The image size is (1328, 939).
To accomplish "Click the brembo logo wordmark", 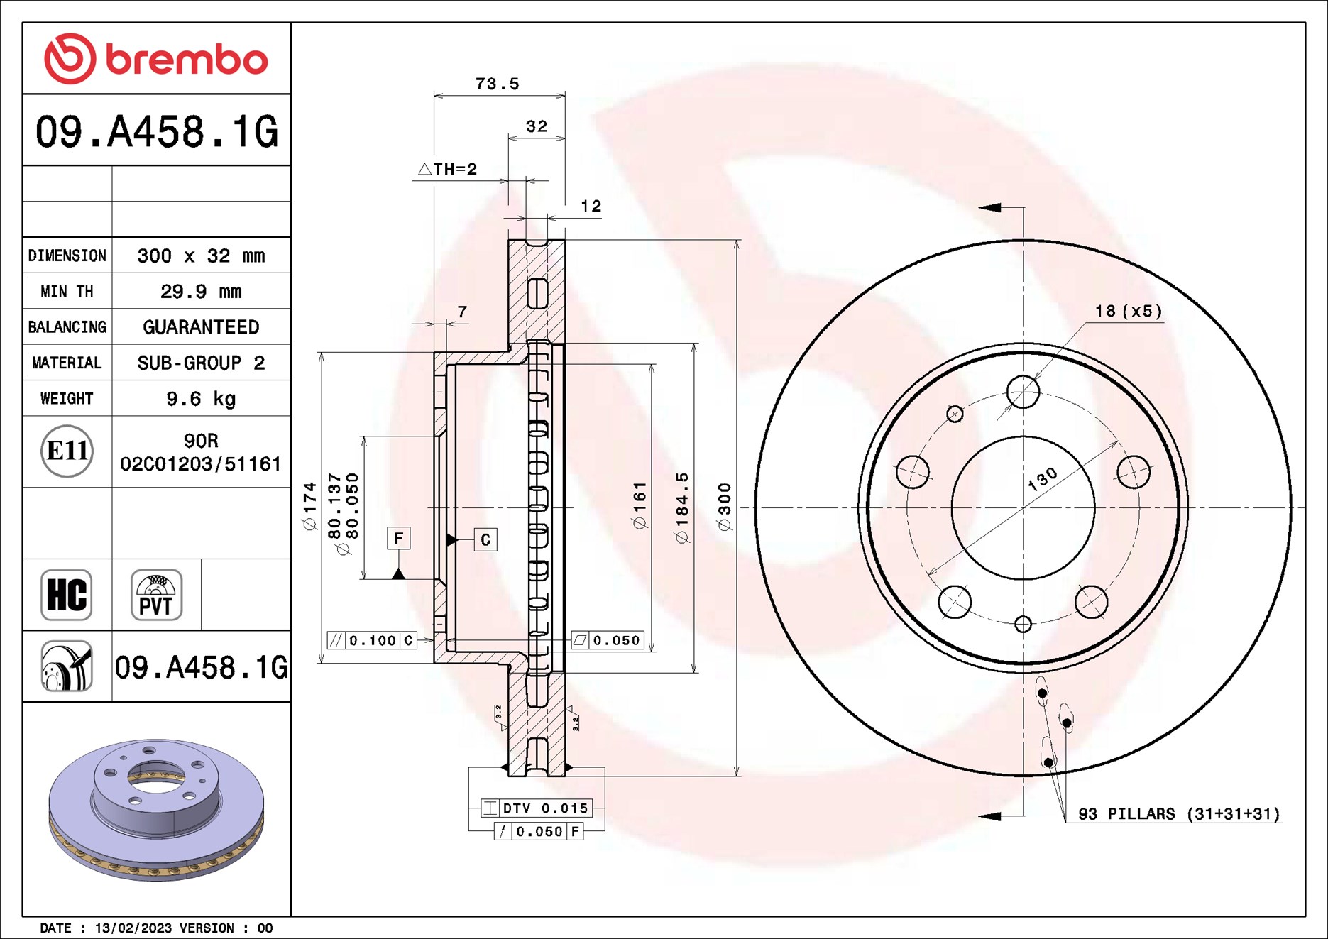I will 186,60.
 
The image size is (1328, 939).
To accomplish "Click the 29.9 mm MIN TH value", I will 201,292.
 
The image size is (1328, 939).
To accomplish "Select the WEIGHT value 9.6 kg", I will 201,399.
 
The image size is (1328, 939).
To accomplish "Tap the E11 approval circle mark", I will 67,451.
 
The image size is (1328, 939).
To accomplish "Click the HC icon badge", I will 67,595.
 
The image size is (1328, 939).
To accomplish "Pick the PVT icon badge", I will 156,595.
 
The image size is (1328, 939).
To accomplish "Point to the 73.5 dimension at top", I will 497,84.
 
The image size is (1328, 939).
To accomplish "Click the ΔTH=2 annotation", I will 448,169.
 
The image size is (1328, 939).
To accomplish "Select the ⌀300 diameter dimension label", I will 724,507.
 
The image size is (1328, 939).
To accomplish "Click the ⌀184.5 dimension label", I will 682,508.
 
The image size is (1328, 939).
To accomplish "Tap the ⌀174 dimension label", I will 309,507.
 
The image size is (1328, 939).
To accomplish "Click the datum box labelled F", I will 398,538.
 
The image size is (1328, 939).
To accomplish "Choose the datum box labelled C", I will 485,539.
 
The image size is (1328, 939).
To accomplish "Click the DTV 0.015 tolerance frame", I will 537,808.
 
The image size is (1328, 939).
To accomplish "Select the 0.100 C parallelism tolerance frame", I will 372,640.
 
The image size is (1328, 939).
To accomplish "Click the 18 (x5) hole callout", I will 1128,311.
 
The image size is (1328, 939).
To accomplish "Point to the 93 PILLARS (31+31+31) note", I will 1179,813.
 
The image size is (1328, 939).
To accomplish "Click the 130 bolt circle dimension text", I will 1042,480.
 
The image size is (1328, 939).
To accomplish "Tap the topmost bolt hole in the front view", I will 1023,392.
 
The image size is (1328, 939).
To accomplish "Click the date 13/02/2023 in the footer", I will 133,928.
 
